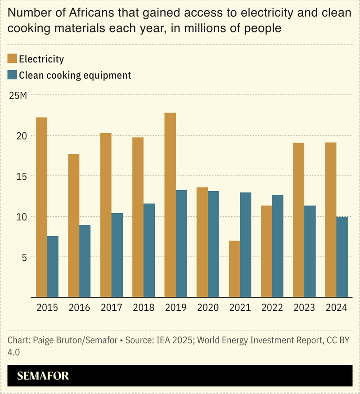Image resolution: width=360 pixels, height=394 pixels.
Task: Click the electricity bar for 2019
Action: [170, 205]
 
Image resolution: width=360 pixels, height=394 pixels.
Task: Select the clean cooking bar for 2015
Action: [53, 266]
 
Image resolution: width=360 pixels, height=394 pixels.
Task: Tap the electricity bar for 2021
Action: [234, 269]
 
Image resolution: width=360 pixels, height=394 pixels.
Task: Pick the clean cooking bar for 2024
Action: [342, 257]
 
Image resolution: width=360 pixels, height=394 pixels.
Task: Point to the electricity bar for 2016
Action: [74, 225]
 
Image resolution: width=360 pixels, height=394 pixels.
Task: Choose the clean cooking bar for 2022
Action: [278, 246]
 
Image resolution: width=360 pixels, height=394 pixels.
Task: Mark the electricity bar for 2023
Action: [298, 220]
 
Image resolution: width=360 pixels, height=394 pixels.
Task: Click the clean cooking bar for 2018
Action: [149, 251]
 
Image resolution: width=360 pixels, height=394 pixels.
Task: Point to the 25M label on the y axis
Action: [18, 95]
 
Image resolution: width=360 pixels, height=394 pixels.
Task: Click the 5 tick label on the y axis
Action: [13, 257]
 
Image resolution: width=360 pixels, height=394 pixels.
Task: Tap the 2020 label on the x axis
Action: [207, 308]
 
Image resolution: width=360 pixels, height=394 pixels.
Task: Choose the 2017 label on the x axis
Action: [111, 308]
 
